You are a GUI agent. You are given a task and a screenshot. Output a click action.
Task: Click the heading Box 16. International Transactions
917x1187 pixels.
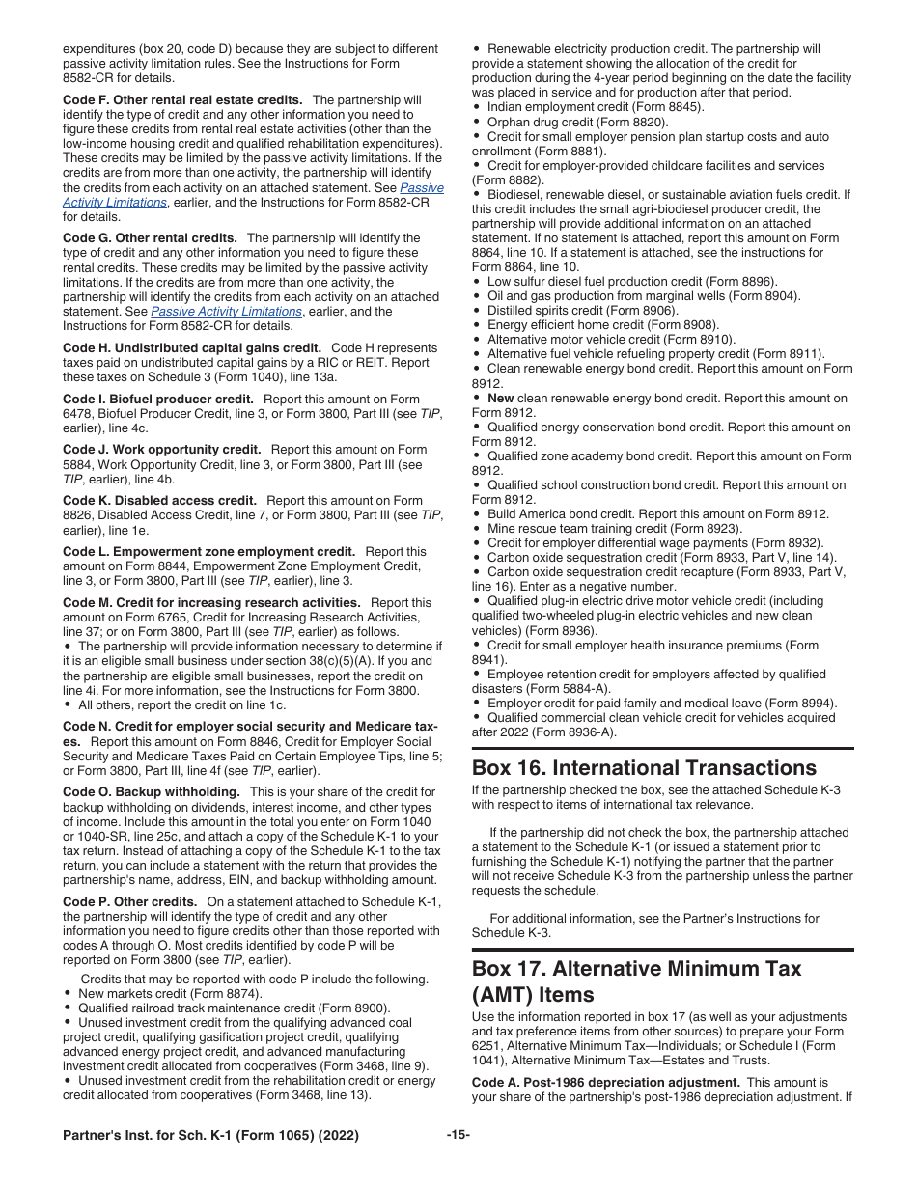click(x=644, y=768)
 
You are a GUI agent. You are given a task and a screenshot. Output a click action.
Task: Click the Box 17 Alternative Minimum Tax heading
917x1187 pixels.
click(x=636, y=980)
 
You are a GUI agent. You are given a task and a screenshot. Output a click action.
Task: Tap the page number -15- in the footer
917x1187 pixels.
click(x=458, y=1136)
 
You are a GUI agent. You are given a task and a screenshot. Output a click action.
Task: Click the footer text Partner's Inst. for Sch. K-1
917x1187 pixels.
click(x=210, y=1136)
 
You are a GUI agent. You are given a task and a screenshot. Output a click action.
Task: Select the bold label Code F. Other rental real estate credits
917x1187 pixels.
click(x=182, y=100)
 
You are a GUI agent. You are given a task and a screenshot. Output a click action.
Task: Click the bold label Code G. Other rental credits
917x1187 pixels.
click(x=150, y=238)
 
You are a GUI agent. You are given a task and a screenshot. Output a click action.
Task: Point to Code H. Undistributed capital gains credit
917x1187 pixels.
click(x=191, y=348)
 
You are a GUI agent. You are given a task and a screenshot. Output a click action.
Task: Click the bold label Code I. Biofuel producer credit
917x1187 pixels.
click(x=157, y=400)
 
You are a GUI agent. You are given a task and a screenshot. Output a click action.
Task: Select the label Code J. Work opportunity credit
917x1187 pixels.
click(x=161, y=450)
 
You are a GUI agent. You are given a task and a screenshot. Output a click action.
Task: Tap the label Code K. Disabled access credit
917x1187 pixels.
click(x=159, y=501)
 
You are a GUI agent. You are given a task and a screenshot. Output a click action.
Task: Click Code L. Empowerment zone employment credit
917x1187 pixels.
click(x=208, y=552)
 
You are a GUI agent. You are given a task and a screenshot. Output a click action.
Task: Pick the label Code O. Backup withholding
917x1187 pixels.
click(x=152, y=792)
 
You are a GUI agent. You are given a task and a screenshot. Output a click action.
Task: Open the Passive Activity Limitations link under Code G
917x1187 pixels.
click(x=226, y=312)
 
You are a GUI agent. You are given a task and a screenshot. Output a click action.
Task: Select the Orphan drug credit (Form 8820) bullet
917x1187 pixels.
click(x=577, y=123)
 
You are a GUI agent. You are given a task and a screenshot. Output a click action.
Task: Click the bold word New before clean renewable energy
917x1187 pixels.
click(x=500, y=399)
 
